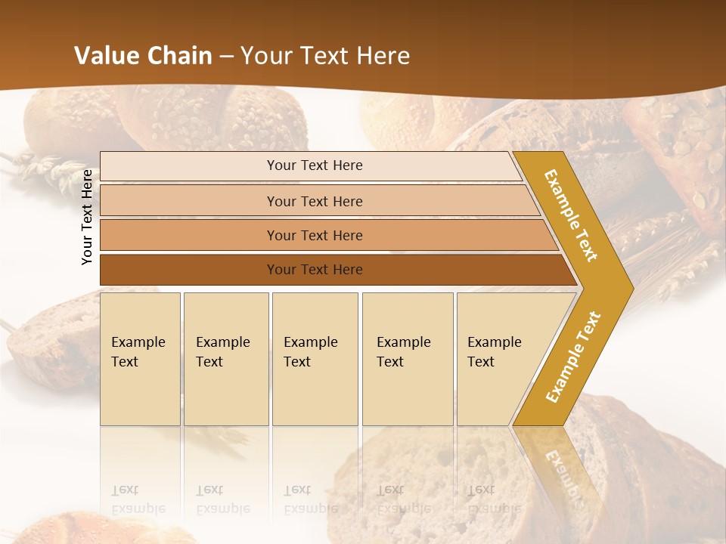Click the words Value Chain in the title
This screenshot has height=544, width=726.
click(143, 56)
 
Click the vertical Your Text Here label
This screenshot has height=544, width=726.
click(88, 217)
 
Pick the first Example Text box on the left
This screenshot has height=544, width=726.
click(140, 358)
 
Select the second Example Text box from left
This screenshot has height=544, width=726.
click(226, 358)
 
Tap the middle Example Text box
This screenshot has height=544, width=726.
click(315, 358)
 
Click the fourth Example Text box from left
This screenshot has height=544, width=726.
click(408, 358)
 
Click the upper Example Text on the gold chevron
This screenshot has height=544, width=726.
click(572, 215)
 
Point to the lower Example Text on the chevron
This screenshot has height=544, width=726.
click(573, 357)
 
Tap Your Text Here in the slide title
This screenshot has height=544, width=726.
click(325, 56)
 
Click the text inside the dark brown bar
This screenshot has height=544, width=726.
click(315, 270)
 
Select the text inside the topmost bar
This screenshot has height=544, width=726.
click(315, 165)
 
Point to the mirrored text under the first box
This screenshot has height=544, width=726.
click(138, 499)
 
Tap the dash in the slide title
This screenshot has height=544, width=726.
click(226, 57)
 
